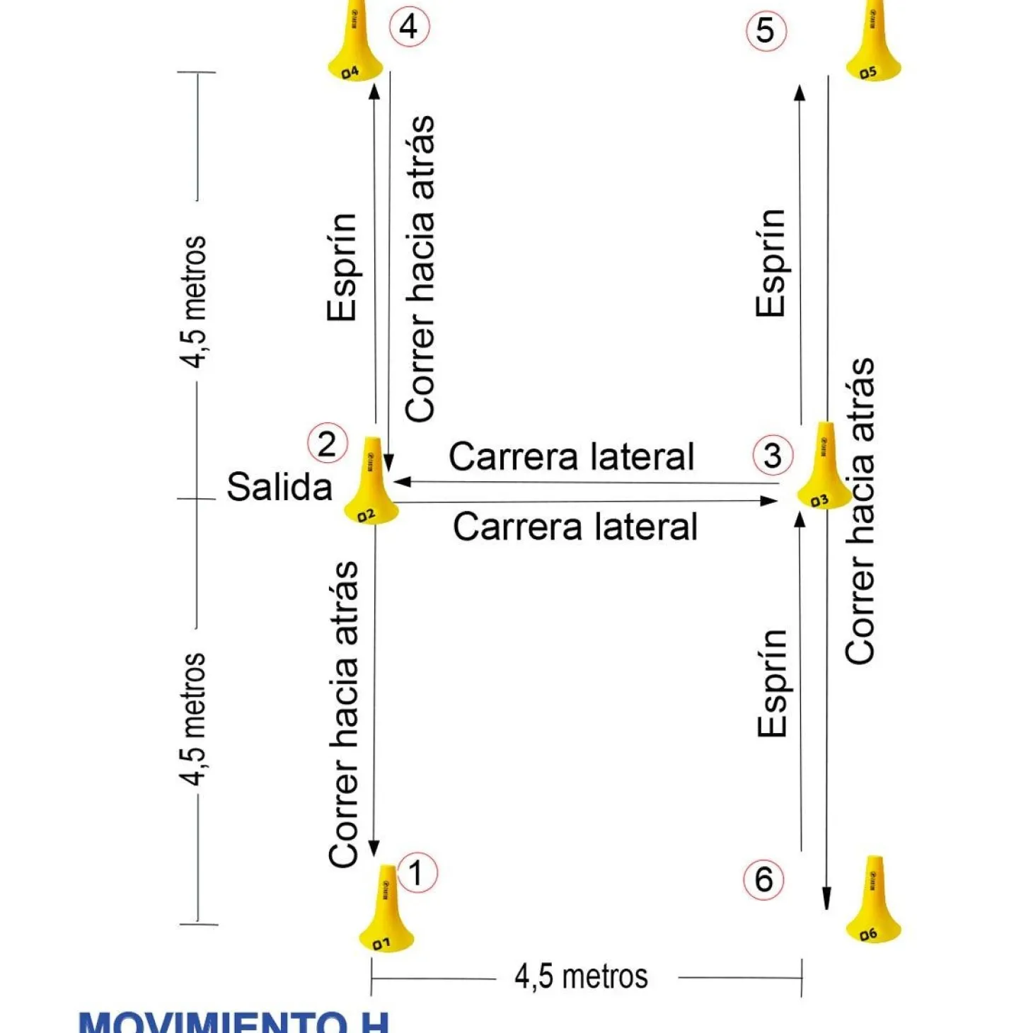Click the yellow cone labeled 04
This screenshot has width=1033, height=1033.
pyautogui.click(x=354, y=46)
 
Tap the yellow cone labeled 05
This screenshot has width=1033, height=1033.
pyautogui.click(x=874, y=46)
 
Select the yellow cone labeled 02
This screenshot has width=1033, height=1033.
pyautogui.click(x=371, y=485)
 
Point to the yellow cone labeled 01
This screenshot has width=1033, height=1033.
pyautogui.click(x=386, y=913)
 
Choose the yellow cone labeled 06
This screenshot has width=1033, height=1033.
pyautogui.click(x=874, y=902)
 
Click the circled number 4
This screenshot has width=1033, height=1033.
pyautogui.click(x=409, y=27)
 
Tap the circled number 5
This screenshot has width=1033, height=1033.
pyautogui.click(x=766, y=31)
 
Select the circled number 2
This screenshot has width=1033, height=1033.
pyautogui.click(x=327, y=444)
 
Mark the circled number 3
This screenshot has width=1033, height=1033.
pyautogui.click(x=773, y=455)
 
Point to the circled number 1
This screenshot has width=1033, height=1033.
pyautogui.click(x=417, y=872)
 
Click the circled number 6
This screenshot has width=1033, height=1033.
pyautogui.click(x=763, y=879)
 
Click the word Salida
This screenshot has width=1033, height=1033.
pyautogui.click(x=279, y=487)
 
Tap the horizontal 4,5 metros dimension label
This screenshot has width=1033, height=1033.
pyautogui.click(x=581, y=977)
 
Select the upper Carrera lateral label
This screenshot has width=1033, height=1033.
pyautogui.click(x=572, y=456)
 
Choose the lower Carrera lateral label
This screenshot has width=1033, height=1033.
pyautogui.click(x=575, y=527)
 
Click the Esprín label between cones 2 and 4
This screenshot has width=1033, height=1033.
pyautogui.click(x=342, y=267)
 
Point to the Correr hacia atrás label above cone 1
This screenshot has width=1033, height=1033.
pyautogui.click(x=344, y=715)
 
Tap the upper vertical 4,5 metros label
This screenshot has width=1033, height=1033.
pyautogui.click(x=192, y=302)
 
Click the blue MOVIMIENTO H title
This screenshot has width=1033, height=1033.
pyautogui.click(x=233, y=1022)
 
